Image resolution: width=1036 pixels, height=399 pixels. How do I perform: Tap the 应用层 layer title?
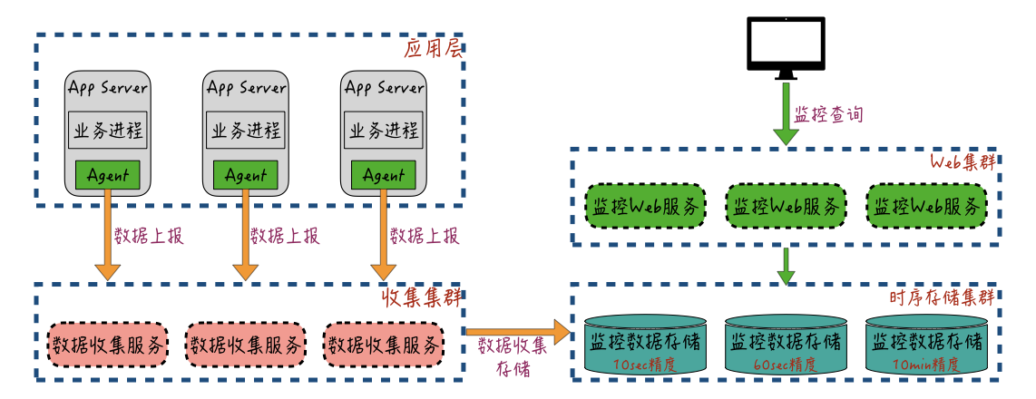432,49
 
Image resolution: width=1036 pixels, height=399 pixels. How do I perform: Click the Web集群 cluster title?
963,162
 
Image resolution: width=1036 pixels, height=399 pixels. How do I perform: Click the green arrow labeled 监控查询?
786,114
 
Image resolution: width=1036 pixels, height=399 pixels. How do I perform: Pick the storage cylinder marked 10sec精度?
646,345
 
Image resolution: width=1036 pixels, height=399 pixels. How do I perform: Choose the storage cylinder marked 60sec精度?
786,345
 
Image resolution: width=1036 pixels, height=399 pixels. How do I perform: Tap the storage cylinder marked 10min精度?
926,345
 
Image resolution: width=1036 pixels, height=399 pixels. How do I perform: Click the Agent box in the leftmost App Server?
107,175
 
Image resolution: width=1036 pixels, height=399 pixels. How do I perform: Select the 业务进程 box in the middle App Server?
246,131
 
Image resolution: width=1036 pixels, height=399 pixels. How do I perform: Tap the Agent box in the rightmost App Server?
385,175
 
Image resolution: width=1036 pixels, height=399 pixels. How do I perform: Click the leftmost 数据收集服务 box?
108,345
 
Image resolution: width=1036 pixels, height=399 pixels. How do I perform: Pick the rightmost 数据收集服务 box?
385,345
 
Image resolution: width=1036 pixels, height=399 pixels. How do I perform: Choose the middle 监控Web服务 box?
786,207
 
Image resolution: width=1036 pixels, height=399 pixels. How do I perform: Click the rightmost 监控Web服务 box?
926,207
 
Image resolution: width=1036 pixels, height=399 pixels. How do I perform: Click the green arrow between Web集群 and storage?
786,264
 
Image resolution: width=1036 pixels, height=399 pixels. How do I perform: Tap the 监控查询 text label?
829,115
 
